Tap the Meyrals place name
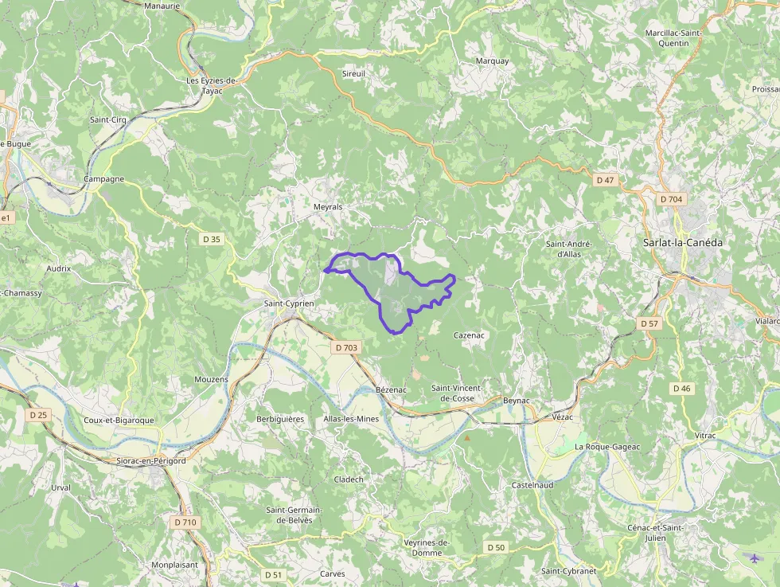328,207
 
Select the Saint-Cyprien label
289,303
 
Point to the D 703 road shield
347,347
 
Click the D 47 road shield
605,181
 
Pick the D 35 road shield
212,239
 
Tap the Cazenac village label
469,335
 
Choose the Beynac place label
517,401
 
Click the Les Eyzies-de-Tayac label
212,85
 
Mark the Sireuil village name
353,73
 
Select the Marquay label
492,61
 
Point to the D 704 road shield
672,199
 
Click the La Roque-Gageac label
607,447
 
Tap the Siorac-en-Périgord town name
150,460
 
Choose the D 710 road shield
185,522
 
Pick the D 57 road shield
649,324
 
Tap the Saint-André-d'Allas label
570,248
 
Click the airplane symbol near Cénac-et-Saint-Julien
755,558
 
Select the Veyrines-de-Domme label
427,547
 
